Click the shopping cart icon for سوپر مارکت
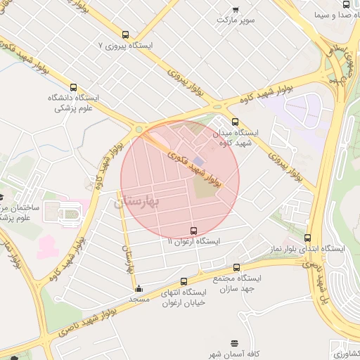(236, 10)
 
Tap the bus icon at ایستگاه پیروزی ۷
(125, 34)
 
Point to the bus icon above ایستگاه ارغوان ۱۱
(193, 231)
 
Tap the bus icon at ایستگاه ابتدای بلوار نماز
(307, 238)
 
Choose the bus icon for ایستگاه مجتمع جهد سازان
(236, 267)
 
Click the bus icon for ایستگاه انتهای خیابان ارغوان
(184, 281)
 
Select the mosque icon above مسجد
(139, 288)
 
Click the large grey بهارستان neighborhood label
(137, 202)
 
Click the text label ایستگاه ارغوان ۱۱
(193, 241)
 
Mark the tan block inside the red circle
(206, 187)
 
